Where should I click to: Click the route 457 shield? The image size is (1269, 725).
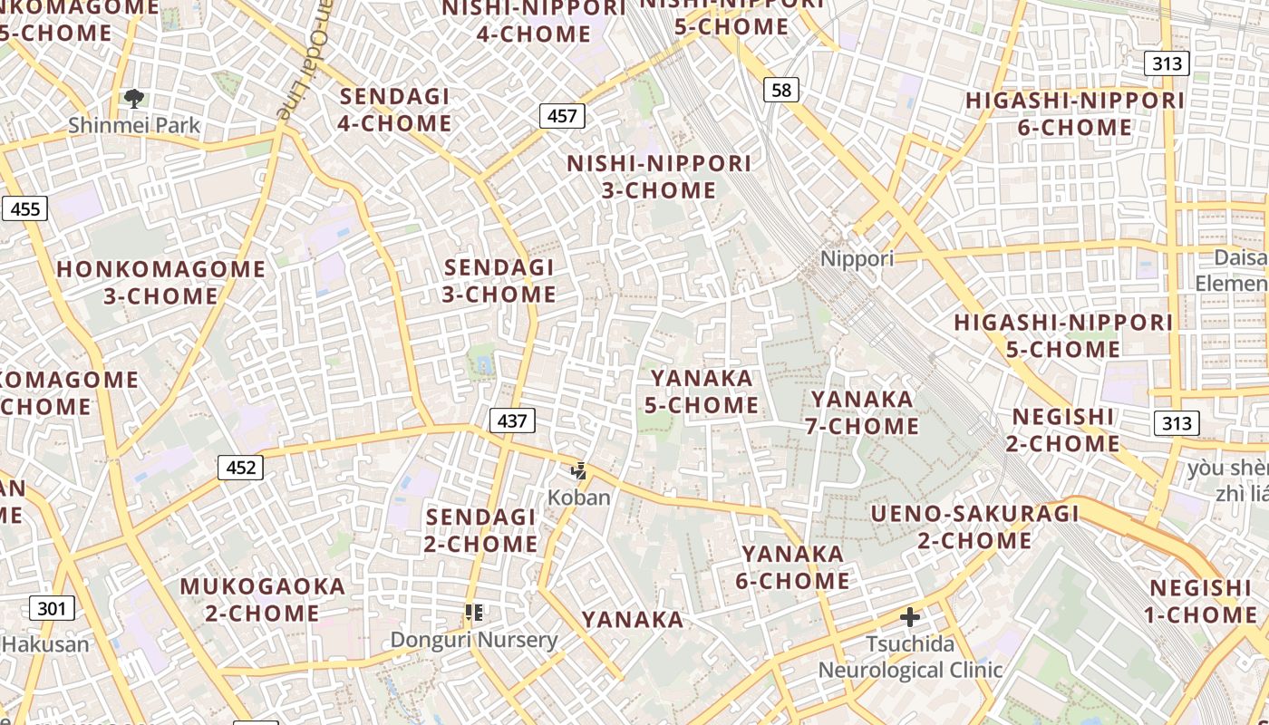click(562, 116)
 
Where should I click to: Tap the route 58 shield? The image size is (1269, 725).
click(781, 89)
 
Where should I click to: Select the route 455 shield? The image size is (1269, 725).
click(24, 209)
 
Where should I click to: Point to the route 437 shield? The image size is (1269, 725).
click(512, 420)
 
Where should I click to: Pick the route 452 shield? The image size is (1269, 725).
click(240, 467)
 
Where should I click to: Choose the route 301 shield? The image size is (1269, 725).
click(51, 607)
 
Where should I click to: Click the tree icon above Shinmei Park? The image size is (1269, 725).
click(134, 99)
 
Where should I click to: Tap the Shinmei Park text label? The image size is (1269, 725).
click(134, 125)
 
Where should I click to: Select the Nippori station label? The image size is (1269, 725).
click(857, 258)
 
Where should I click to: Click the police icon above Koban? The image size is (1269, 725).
click(578, 471)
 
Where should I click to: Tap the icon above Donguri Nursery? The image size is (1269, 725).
click(473, 614)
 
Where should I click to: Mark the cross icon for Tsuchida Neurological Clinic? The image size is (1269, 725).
click(910, 618)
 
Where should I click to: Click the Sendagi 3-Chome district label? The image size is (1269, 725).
click(499, 281)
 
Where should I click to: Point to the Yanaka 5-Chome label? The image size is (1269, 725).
click(702, 391)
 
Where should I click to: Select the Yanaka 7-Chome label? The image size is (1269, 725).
click(862, 412)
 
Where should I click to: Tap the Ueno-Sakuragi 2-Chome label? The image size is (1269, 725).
click(975, 527)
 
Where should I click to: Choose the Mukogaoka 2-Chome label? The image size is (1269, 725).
click(262, 600)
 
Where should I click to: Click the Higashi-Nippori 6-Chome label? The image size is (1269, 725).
click(1075, 114)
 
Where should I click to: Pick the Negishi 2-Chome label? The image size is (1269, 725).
click(1063, 430)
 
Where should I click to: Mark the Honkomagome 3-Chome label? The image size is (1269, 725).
click(161, 283)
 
